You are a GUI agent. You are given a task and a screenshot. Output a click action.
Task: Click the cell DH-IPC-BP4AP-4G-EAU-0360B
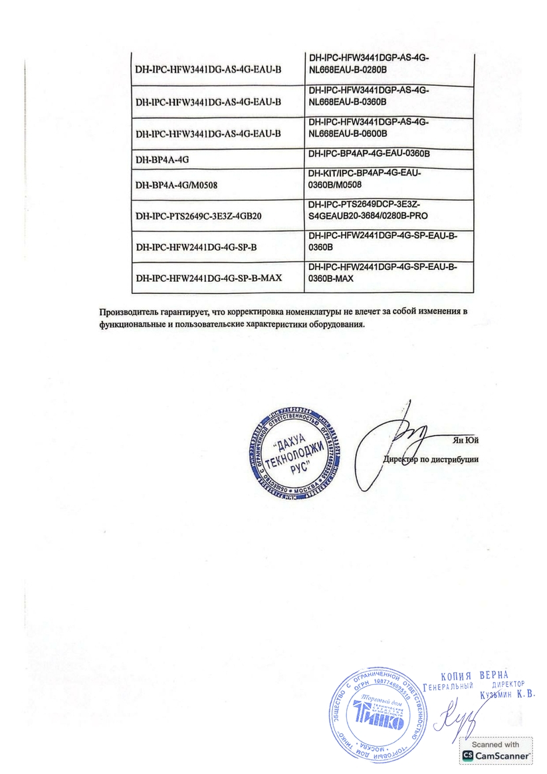point(370,154)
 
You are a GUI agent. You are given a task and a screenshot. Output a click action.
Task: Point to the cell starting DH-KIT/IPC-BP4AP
point(365,178)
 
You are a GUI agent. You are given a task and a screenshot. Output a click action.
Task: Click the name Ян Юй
point(465,440)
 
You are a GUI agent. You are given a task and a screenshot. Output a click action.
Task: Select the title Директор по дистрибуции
point(431,459)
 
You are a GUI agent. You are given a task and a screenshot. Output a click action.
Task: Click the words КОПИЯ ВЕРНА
point(474,671)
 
